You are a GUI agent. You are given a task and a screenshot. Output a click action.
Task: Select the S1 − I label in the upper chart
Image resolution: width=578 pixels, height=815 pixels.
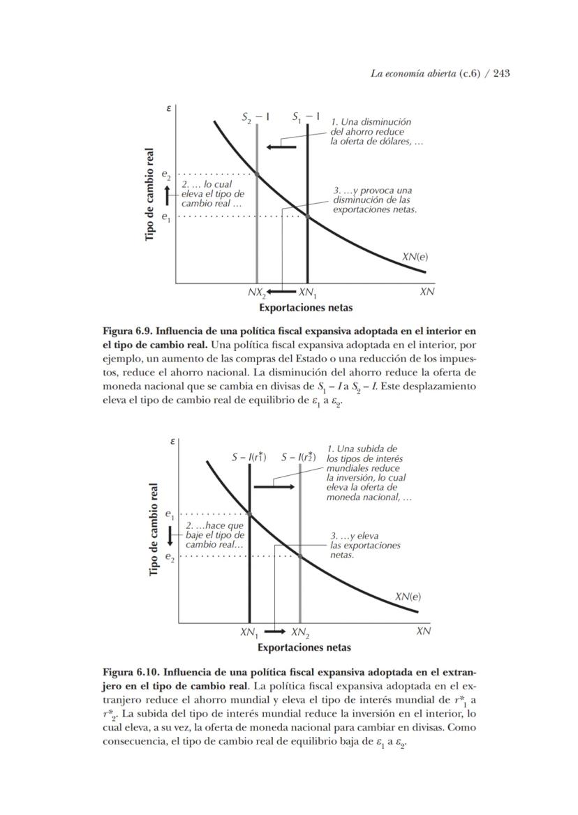tap(306, 117)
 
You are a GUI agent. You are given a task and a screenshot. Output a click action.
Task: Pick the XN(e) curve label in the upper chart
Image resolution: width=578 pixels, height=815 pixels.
tap(415, 256)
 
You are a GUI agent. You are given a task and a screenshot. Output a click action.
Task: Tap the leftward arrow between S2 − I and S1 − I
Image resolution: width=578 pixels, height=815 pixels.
tap(282, 147)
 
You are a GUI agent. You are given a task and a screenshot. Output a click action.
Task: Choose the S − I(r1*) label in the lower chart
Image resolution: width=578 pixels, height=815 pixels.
tap(249, 458)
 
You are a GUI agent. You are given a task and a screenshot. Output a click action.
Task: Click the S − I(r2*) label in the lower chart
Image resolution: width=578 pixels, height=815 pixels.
tap(299, 458)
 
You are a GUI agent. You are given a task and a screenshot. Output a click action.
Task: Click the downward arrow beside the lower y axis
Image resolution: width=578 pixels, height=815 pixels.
tap(169, 536)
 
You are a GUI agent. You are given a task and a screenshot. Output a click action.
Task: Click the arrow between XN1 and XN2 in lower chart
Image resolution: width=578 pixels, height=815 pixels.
tap(275, 631)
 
